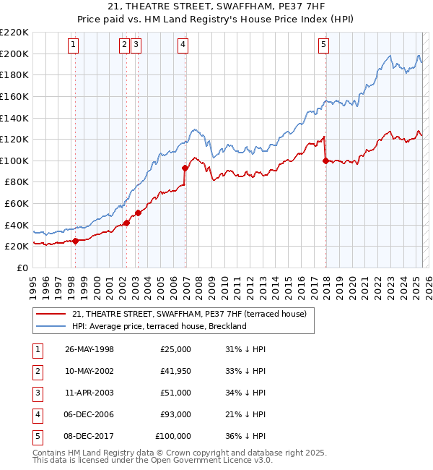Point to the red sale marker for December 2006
click(x=185, y=168)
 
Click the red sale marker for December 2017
click(x=325, y=161)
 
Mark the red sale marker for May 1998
click(x=75, y=241)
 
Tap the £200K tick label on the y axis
click(x=14, y=54)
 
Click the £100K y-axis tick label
click(x=14, y=161)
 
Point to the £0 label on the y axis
click(x=23, y=268)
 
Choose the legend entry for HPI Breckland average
click(x=159, y=326)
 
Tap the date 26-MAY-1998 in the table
click(x=89, y=349)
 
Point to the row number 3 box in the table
click(x=36, y=393)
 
